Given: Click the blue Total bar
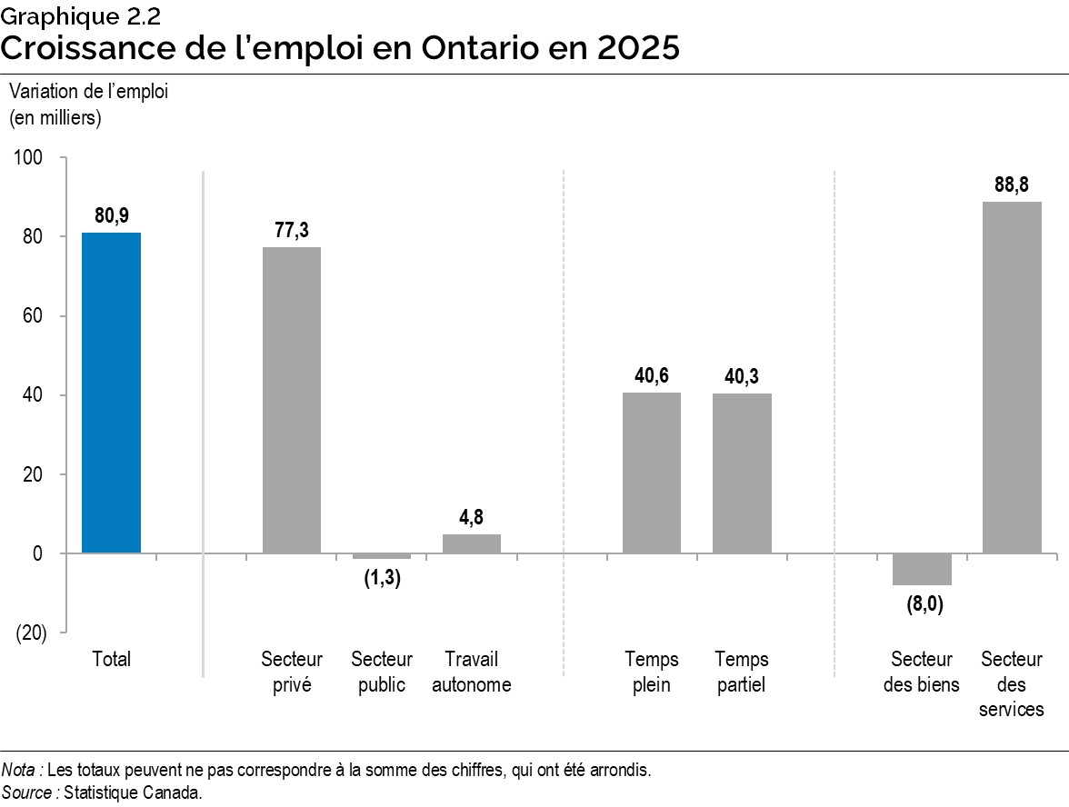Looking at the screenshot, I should point(111,393).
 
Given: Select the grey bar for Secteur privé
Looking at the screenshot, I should point(292,400).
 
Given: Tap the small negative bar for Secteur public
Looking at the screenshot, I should point(382,556).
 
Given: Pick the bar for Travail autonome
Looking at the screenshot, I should point(472,543).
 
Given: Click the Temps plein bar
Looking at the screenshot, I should point(652,473).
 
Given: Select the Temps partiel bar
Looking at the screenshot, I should point(742,473).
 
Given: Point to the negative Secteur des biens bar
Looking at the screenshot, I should point(922,569).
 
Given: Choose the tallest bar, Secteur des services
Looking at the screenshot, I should point(1012,377).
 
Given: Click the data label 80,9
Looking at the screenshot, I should point(111,216).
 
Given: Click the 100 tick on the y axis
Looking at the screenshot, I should point(30,158).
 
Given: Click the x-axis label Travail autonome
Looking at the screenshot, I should point(472,672).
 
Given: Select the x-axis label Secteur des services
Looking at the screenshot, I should point(1012,683).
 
